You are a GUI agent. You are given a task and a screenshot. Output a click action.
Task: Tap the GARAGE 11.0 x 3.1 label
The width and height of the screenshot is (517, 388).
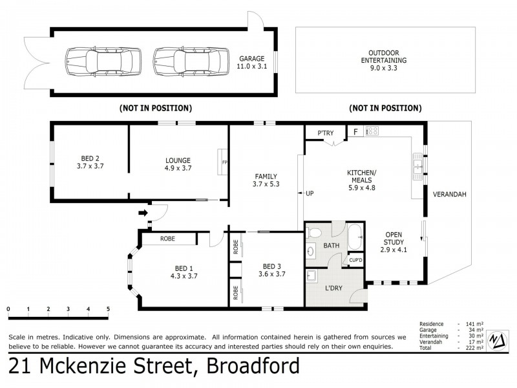(x=252, y=61)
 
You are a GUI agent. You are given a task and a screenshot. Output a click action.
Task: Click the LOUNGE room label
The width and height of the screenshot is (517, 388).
(x=177, y=164)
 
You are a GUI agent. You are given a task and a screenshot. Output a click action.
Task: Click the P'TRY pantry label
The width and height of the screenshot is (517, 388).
(x=325, y=134)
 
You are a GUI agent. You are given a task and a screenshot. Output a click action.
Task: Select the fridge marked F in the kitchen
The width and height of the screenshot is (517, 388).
(x=355, y=132)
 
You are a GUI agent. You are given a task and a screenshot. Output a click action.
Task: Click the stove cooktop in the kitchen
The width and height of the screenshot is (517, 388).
(x=372, y=131)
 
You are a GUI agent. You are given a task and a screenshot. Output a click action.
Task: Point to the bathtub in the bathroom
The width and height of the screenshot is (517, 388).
(x=355, y=239)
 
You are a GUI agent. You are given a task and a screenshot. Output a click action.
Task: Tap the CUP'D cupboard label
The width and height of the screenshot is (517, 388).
(x=356, y=261)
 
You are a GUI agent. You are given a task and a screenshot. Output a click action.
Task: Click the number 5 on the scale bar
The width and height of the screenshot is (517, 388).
(x=108, y=308)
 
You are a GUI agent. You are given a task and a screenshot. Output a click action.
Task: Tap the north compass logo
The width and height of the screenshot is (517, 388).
(x=497, y=340)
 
